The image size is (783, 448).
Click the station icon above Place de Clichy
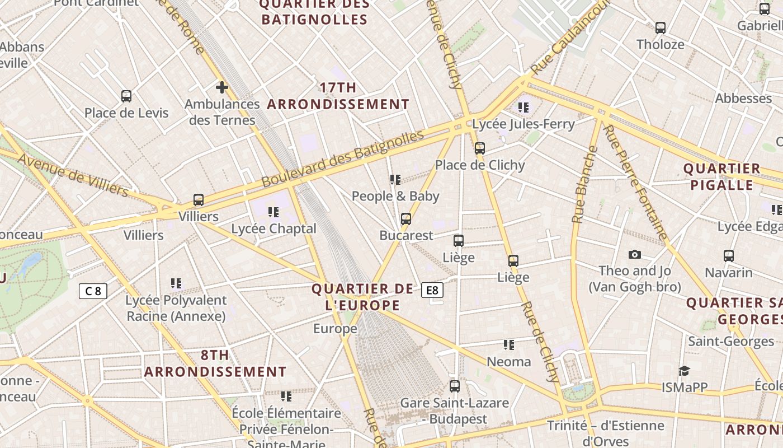coord(479,148)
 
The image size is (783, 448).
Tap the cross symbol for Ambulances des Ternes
coord(222,87)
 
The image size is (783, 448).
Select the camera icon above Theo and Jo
coord(634,255)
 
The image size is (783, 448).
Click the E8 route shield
coord(432,290)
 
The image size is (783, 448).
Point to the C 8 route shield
coord(93,291)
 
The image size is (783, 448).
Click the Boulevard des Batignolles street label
coord(343,159)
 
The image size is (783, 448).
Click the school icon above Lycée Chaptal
coord(273,212)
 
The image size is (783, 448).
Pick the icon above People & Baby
coord(395,180)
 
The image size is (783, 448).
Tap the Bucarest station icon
coord(406,219)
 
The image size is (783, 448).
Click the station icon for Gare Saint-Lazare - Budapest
coord(455,386)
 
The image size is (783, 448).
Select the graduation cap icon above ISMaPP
coord(684,371)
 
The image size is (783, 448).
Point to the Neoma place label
coord(508,362)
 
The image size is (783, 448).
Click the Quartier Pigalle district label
coord(721,176)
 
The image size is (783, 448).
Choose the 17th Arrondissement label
coord(338,96)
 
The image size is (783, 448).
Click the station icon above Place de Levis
coord(126,96)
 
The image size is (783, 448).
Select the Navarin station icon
coord(729,256)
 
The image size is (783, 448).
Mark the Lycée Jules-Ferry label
coord(523,124)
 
